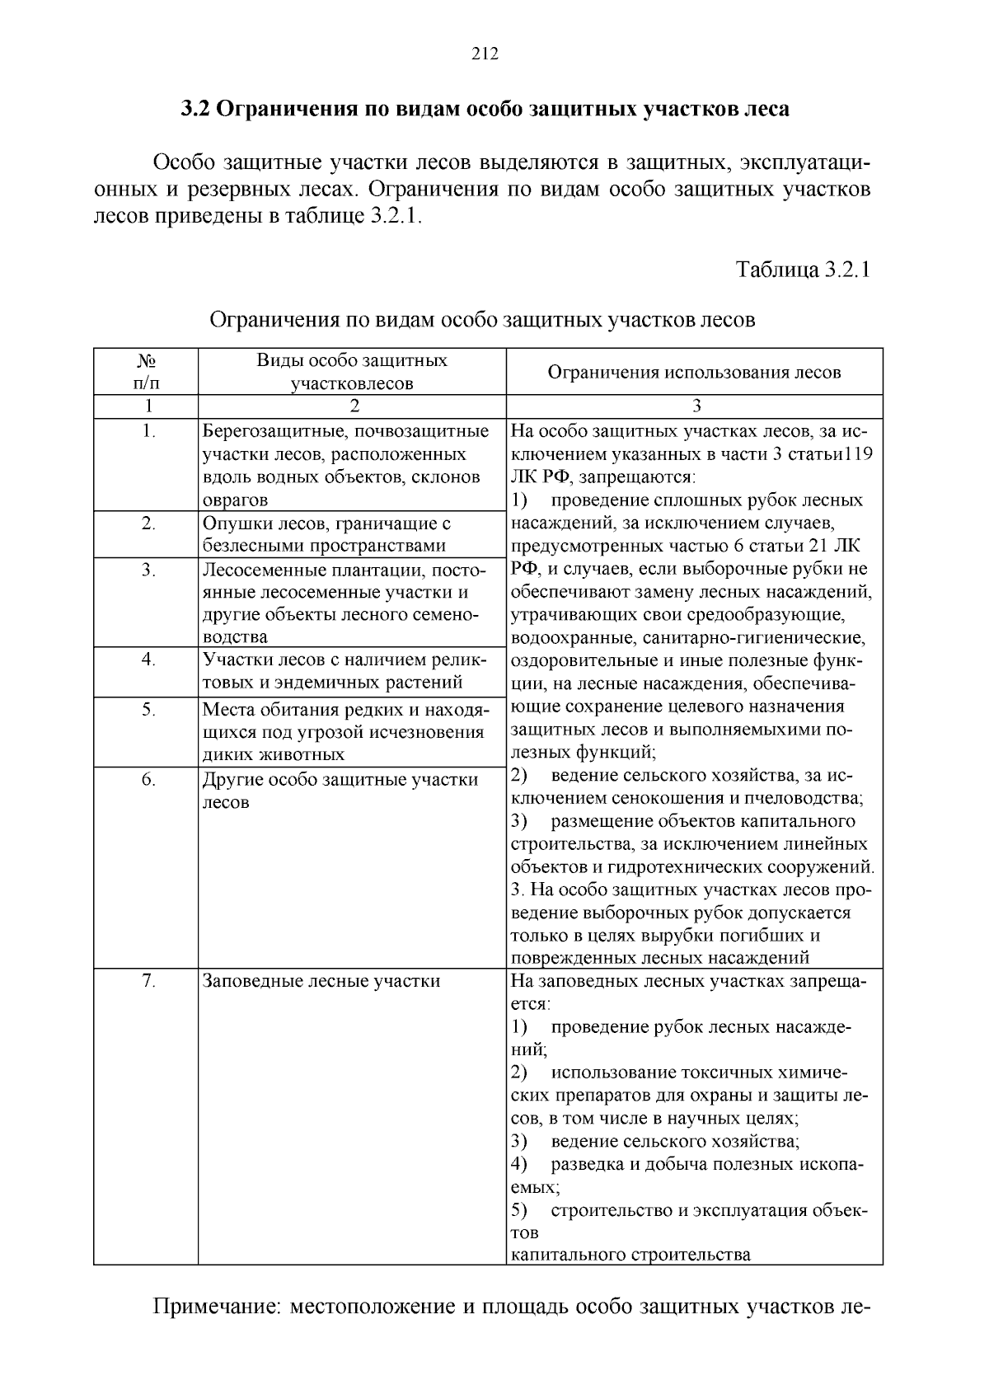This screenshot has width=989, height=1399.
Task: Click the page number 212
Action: point(485,54)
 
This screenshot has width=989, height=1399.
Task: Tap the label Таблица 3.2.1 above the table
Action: point(803,270)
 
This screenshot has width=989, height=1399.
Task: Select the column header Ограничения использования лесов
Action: point(694,372)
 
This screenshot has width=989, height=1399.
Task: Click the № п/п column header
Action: point(146,372)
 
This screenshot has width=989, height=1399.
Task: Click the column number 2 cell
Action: point(354,406)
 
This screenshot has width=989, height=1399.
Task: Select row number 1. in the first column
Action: point(148,430)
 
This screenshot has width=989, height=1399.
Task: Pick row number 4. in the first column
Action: point(148,659)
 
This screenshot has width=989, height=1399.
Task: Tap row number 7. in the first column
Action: point(148,980)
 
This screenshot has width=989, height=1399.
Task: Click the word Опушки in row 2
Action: point(233,523)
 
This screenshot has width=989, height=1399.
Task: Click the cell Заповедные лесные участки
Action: point(321,981)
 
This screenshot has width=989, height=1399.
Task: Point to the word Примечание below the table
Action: point(217,1307)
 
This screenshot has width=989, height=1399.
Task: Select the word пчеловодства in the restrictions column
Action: point(807,798)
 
